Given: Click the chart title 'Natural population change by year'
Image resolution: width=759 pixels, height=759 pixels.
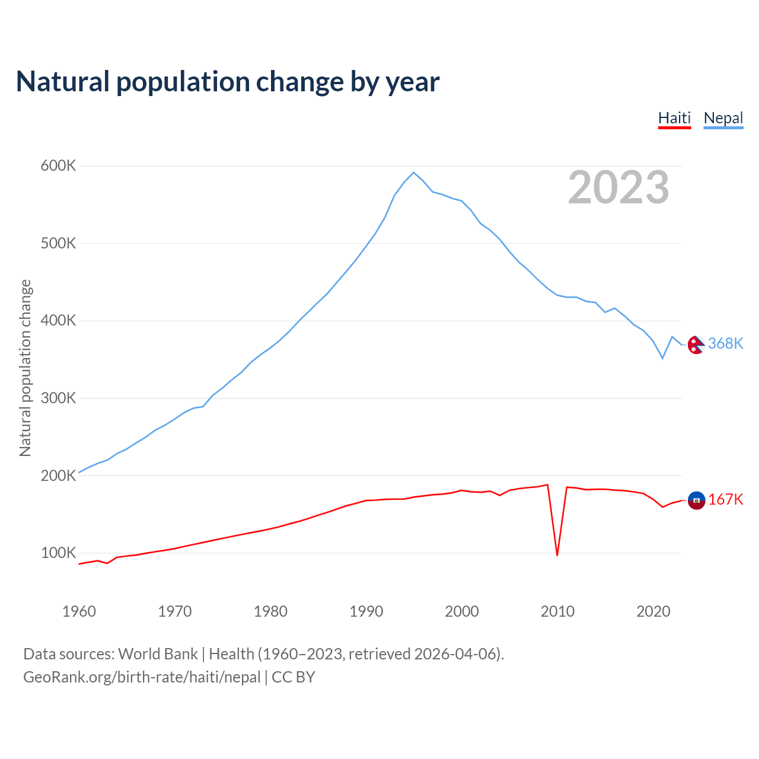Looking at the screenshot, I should click(x=228, y=82).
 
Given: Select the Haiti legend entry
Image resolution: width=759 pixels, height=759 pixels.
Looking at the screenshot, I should click(x=674, y=118).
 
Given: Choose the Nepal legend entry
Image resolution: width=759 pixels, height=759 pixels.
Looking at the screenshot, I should click(x=723, y=118).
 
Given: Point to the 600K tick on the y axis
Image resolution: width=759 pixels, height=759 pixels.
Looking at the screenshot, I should click(x=58, y=166).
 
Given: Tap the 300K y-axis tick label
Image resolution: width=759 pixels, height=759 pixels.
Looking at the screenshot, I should click(x=58, y=398).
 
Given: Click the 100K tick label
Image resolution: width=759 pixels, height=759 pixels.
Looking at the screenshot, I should click(x=58, y=553).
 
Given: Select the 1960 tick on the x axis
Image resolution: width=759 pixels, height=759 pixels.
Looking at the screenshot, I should click(x=79, y=611).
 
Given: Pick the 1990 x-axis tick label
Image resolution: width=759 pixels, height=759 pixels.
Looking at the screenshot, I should click(x=366, y=611).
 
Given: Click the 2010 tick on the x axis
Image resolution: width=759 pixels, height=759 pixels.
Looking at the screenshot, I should click(x=557, y=611).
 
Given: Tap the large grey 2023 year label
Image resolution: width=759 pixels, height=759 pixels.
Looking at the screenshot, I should click(x=618, y=187).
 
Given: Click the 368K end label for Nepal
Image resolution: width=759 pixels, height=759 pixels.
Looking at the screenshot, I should click(x=725, y=344).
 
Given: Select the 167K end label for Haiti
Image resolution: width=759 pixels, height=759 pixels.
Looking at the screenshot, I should click(x=725, y=500).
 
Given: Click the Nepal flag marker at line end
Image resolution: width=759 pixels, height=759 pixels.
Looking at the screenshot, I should click(x=696, y=344).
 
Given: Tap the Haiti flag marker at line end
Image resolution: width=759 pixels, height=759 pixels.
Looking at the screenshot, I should click(x=696, y=500).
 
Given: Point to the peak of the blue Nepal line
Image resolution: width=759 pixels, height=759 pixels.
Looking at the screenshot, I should click(x=413, y=173).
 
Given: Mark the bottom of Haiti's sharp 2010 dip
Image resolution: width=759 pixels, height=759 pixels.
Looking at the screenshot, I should click(x=557, y=555).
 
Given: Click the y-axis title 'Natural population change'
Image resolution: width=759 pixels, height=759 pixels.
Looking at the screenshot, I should click(x=25, y=368).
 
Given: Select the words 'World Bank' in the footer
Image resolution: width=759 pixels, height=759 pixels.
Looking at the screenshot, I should click(x=158, y=654).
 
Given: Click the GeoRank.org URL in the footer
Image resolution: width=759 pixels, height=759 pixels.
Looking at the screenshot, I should click(x=142, y=677).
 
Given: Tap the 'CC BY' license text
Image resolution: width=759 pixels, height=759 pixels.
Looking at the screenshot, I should click(x=294, y=677).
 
